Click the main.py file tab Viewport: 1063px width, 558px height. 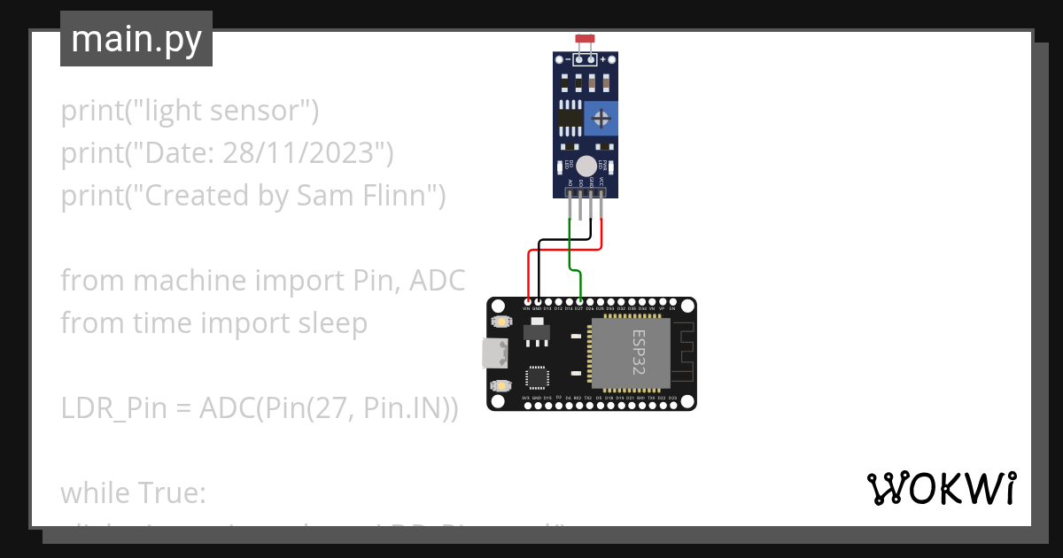136,39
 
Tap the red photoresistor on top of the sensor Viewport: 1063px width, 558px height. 585,40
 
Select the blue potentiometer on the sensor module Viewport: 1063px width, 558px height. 601,118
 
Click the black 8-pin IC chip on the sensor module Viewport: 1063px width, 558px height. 570,117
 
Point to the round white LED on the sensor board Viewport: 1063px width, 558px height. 586,165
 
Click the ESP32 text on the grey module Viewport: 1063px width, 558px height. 638,353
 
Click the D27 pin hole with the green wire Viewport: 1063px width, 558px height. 579,302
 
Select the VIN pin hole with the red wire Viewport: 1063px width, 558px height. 527,302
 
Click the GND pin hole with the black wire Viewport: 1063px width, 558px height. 538,302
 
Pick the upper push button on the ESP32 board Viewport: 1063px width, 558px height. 502,322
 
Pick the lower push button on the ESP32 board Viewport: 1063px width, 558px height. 502,385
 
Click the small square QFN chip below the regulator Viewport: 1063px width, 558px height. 538,377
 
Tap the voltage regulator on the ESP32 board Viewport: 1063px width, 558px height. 537,332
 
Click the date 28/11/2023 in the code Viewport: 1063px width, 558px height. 303,153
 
